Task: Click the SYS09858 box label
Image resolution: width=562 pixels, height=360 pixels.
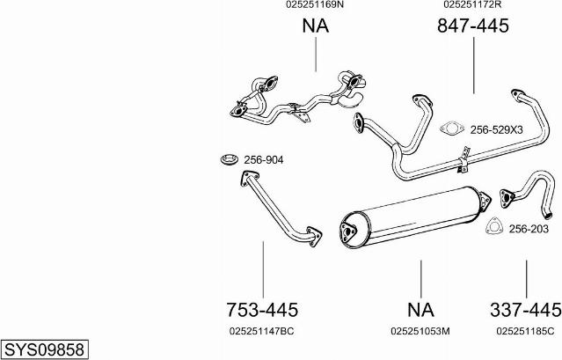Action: (45, 349)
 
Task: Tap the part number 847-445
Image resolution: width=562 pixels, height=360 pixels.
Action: (473, 26)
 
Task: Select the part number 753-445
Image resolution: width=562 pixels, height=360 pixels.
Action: (262, 310)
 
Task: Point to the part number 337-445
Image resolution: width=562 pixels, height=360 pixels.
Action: (525, 310)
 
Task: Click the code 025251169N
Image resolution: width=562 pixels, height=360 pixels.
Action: (315, 4)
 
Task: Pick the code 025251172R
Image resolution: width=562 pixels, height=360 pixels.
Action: (472, 4)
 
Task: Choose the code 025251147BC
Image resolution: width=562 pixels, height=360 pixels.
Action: (261, 331)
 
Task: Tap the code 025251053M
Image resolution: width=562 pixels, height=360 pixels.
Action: (420, 331)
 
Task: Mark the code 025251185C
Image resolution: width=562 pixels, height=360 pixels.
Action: (525, 331)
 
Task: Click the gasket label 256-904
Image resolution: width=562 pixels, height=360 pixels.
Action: (264, 160)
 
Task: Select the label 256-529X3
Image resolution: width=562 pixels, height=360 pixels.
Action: (496, 129)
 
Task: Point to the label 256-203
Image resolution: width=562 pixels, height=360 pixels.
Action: (529, 228)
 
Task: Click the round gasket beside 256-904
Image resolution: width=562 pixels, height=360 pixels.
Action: (230, 159)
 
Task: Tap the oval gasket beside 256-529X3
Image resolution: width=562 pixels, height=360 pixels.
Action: (452, 128)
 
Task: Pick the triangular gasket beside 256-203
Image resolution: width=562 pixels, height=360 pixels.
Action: (494, 226)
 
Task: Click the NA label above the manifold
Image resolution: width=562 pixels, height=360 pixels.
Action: (316, 26)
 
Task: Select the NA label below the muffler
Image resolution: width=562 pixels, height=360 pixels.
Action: (420, 310)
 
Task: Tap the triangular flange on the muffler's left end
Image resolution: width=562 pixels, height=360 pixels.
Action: (348, 232)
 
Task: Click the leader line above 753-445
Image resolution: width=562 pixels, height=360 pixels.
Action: (263, 269)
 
